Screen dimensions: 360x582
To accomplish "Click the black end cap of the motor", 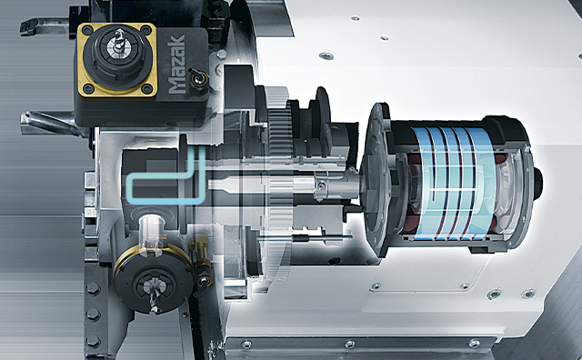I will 518,182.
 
